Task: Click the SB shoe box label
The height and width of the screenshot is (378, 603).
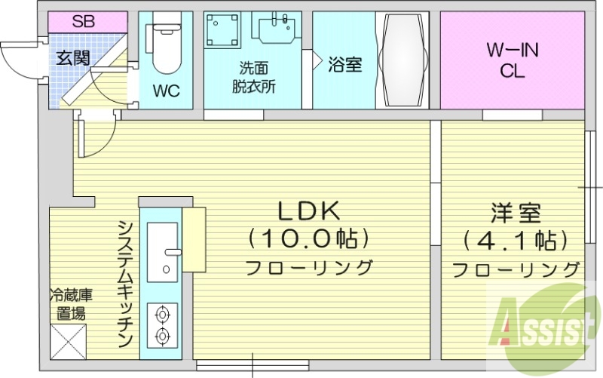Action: point(84,21)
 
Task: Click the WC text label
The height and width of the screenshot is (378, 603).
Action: point(166,91)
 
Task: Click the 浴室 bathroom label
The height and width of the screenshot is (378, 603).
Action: point(344,65)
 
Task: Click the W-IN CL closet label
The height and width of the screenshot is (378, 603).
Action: point(513,62)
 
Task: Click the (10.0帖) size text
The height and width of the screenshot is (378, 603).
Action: point(308,239)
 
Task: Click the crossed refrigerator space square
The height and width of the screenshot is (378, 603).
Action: point(68,341)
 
